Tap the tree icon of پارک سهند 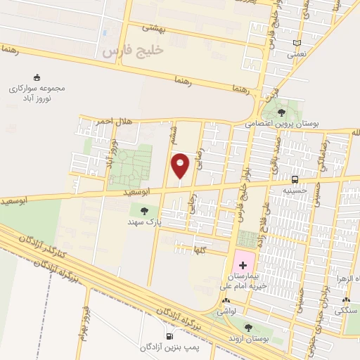pyautogui.click(x=145, y=210)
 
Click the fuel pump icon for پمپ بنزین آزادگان pyautogui.click(x=168, y=336)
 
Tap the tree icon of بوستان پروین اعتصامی pyautogui.click(x=281, y=111)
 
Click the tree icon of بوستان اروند pyautogui.click(x=247, y=326)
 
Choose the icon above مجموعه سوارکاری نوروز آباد pyautogui.click(x=37, y=77)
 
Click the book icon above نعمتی pyautogui.click(x=297, y=43)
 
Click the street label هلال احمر pyautogui.click(x=115, y=122)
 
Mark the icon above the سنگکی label pyautogui.click(x=344, y=300)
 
